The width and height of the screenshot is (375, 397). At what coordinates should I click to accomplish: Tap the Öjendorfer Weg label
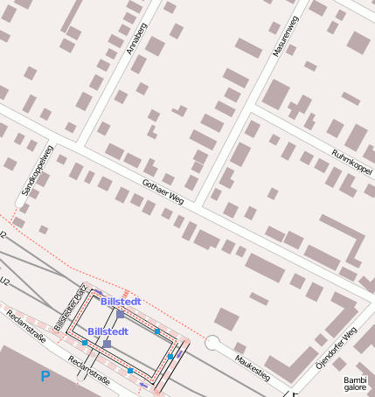pyautogui.click(x=337, y=349)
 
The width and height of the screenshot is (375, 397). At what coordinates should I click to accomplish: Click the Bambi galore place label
pyautogui.click(x=356, y=385)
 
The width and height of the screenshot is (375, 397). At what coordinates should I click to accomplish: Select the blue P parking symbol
pyautogui.click(x=45, y=377)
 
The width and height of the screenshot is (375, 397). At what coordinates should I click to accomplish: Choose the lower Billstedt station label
pyautogui.click(x=108, y=332)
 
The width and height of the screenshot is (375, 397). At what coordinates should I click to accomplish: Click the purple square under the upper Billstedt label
pyautogui.click(x=121, y=313)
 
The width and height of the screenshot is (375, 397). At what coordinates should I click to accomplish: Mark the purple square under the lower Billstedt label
pyautogui.click(x=107, y=344)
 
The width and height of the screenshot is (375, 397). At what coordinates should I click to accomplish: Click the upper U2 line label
pyautogui.click(x=3, y=236)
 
